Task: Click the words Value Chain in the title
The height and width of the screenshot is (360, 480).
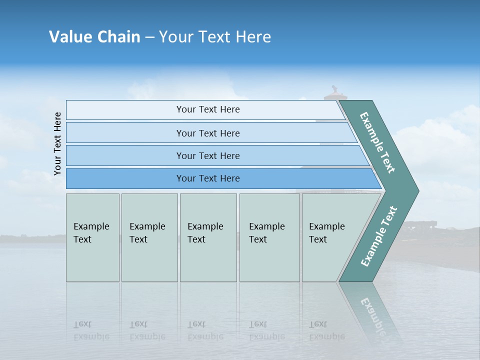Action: [x=94, y=37]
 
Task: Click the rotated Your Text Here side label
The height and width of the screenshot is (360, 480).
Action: [x=58, y=143]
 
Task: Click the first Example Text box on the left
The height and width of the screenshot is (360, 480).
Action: [x=92, y=237]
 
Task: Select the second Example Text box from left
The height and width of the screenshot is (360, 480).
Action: [x=149, y=237]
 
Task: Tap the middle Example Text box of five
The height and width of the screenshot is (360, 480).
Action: [x=208, y=237]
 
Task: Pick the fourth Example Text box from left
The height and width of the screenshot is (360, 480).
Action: [x=269, y=237]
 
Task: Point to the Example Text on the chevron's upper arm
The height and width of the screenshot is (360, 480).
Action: [x=378, y=142]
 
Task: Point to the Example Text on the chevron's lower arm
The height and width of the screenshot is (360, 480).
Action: [x=379, y=236]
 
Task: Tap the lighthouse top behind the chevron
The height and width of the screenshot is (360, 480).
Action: [x=333, y=92]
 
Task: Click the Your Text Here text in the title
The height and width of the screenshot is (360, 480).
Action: [x=215, y=37]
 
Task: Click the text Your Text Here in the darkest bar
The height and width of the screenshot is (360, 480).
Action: [x=208, y=178]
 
